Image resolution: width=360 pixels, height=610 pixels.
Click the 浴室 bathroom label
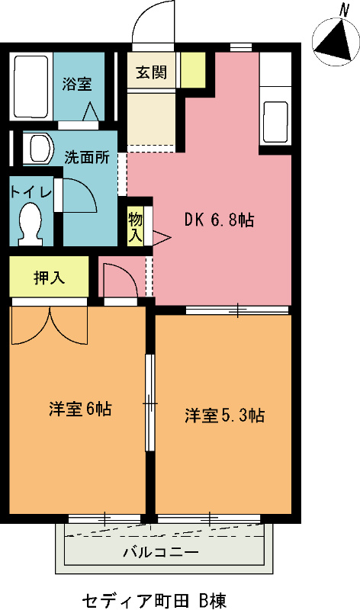click(77, 83)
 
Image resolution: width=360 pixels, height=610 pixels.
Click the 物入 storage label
click(136, 227)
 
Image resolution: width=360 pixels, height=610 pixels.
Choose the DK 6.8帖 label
click(219, 220)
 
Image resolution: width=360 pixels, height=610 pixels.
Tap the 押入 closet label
click(49, 278)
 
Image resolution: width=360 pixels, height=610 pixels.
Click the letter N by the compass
click(343, 9)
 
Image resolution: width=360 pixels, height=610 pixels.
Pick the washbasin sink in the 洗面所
click(37, 147)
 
